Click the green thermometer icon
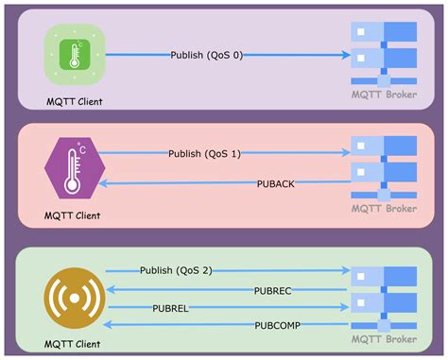[75, 53]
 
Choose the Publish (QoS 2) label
[176, 270]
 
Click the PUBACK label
[276, 182]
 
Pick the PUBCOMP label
[276, 325]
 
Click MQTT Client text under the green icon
[74, 100]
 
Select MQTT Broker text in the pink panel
[385, 207]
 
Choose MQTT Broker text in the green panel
[385, 337]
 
